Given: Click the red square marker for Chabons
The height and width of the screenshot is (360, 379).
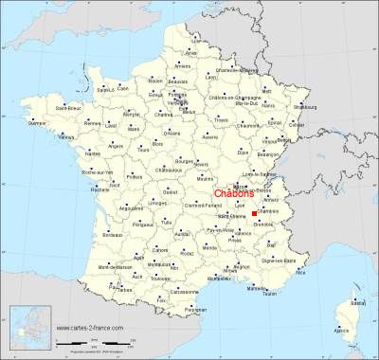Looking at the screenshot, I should pos(255,214).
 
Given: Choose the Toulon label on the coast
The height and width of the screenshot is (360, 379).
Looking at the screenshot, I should pos(272,295).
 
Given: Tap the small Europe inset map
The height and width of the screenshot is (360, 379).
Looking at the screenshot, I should pos(27,332).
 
